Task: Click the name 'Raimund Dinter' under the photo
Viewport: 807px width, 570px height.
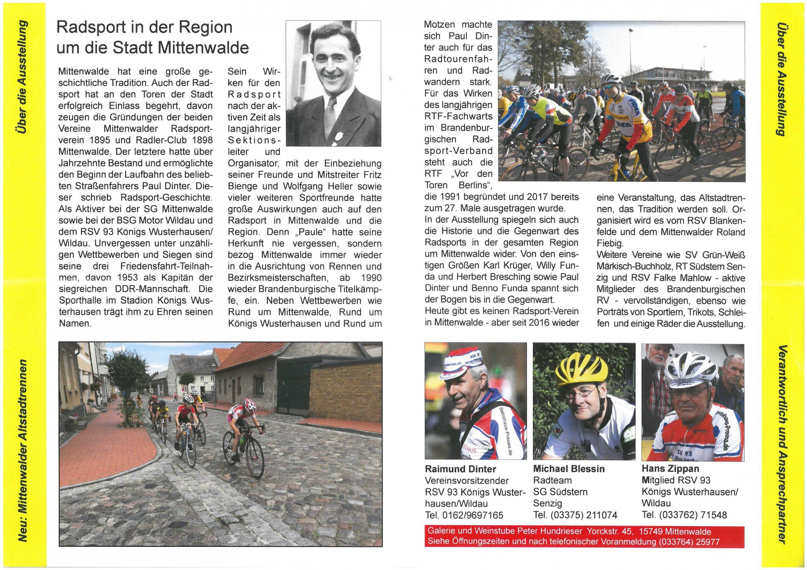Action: tap(460, 469)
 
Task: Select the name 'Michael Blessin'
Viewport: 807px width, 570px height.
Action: tap(568, 469)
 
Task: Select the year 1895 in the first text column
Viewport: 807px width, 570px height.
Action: tap(101, 140)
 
